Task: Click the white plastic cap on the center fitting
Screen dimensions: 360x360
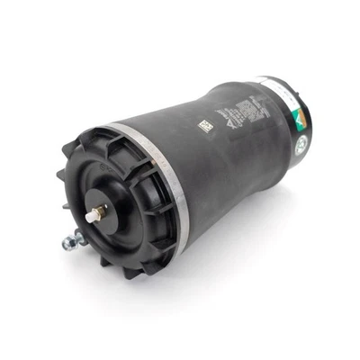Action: (x=90, y=217)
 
